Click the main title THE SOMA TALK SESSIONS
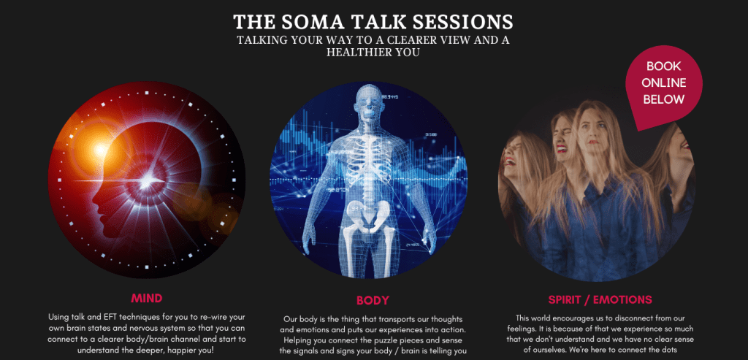(x=373, y=22)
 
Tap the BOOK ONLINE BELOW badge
(x=663, y=84)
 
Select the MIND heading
(x=146, y=299)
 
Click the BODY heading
(x=373, y=300)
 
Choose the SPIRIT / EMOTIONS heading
(x=600, y=300)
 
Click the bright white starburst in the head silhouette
(x=148, y=180)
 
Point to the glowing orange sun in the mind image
(x=101, y=150)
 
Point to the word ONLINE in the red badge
(x=663, y=83)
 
